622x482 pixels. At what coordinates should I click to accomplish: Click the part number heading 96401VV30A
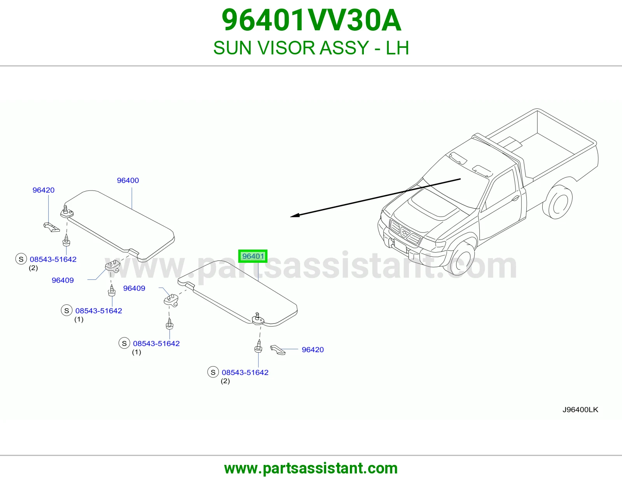311,21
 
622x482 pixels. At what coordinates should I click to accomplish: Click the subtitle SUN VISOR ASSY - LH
311,48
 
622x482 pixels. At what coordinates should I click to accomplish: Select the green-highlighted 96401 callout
253,256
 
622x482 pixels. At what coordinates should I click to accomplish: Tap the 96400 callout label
128,180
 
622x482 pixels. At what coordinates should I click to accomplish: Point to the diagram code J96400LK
580,410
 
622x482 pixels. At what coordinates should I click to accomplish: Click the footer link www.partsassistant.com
311,468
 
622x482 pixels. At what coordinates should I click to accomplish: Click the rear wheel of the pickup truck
558,202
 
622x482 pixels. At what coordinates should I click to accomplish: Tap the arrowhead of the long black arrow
295,215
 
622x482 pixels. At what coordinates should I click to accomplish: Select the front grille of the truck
405,232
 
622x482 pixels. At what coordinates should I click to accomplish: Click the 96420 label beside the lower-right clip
313,350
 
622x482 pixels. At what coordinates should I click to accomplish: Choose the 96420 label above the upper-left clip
43,190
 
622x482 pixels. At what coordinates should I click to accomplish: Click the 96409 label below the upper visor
63,280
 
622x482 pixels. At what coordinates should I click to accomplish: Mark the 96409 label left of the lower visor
134,288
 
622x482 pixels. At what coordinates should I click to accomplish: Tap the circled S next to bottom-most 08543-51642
213,372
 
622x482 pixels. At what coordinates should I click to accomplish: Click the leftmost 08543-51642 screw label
53,259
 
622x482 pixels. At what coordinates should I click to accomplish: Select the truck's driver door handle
515,198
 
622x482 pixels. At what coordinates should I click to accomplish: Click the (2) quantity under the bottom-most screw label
225,381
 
